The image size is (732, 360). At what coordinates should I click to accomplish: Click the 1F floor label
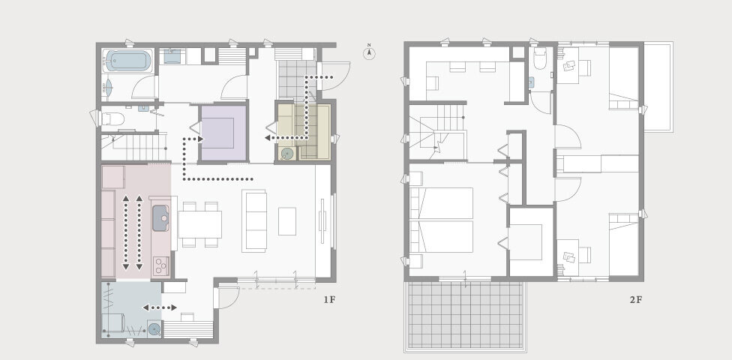[329, 300]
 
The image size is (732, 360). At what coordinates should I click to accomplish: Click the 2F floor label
[636, 300]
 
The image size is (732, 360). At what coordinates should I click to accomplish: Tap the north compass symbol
[369, 52]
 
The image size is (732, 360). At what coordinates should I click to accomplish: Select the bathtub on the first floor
[127, 61]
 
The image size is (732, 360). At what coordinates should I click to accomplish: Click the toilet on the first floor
[113, 119]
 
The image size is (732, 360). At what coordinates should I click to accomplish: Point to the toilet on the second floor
[540, 58]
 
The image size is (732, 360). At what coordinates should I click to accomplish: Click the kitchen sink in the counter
[160, 218]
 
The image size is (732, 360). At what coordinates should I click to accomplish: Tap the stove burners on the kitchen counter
[160, 265]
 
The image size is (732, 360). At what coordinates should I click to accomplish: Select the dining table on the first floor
[199, 224]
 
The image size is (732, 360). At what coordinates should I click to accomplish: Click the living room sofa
[254, 220]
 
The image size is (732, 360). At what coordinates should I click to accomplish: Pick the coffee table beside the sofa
[287, 221]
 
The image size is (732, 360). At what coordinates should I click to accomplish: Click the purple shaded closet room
[223, 133]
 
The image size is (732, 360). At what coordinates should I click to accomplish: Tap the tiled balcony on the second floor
[466, 316]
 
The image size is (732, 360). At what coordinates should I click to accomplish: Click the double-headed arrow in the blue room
[159, 307]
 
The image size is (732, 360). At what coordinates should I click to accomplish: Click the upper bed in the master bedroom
[441, 203]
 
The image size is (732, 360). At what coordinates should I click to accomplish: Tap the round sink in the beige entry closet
[286, 154]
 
